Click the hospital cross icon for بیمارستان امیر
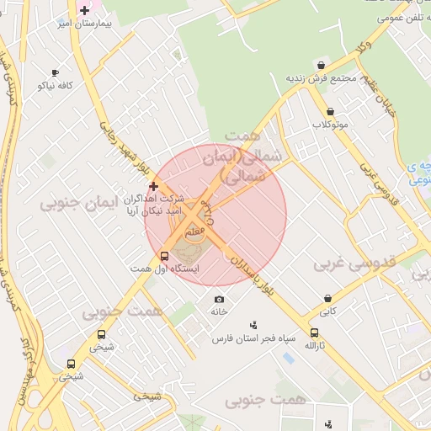[x=84, y=10]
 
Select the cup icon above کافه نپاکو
[x=56, y=73]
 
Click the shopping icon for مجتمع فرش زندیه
[x=321, y=65]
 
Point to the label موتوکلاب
[x=330, y=125]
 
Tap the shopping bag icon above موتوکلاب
[x=330, y=111]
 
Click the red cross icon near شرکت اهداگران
[x=153, y=185]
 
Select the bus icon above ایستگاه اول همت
[x=164, y=256]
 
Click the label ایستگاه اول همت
[x=164, y=269]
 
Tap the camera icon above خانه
[x=220, y=299]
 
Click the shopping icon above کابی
[x=327, y=299]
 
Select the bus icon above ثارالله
[x=314, y=333]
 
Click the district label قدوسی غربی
[x=354, y=263]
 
